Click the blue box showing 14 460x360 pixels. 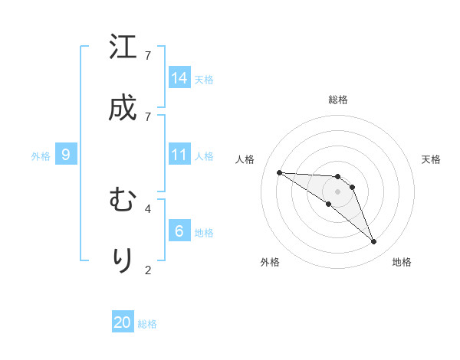click(x=179, y=78)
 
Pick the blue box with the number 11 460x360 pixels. click(x=179, y=155)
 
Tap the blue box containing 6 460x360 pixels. click(x=179, y=231)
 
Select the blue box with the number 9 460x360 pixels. click(x=66, y=155)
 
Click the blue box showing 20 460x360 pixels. click(x=123, y=322)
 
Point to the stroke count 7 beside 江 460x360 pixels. click(x=148, y=55)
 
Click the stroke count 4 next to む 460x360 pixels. click(x=148, y=208)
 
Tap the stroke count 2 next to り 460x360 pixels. click(x=148, y=269)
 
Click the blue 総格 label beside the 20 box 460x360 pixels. click(x=147, y=324)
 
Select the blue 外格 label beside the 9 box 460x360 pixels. click(x=41, y=156)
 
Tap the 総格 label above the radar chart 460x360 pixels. click(x=338, y=100)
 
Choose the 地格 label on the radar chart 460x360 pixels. click(x=402, y=262)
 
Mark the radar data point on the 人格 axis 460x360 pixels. click(x=279, y=172)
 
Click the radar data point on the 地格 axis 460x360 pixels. click(x=374, y=242)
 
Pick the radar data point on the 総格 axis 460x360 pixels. click(x=338, y=177)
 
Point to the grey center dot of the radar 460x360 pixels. click(x=338, y=191)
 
